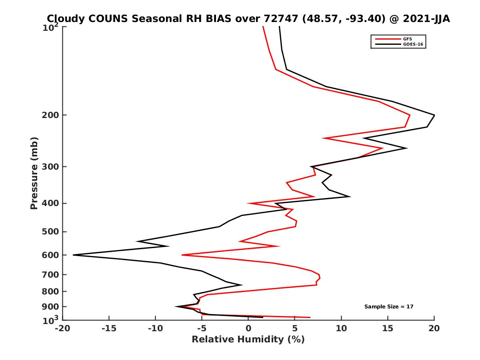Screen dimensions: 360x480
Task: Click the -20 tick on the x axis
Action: [x=62, y=328]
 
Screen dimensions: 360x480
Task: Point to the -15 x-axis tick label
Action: [x=108, y=328]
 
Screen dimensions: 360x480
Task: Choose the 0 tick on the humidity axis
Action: [x=248, y=328]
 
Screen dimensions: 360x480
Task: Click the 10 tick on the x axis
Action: [x=341, y=328]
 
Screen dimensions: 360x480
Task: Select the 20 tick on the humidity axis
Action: [x=434, y=328]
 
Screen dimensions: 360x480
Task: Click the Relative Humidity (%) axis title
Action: [x=248, y=340]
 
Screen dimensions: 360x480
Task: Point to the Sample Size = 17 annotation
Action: [x=388, y=307]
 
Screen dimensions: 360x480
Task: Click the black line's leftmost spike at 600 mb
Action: [x=74, y=255]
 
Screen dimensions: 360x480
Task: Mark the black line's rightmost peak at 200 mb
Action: [x=434, y=115]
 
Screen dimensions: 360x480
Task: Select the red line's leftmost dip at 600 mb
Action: [x=182, y=255]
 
